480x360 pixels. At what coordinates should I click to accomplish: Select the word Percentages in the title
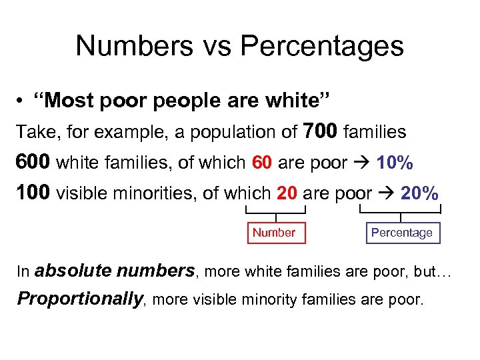point(322,46)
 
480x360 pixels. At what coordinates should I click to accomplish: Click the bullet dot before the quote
point(23,101)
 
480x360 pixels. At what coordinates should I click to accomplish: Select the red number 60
point(262,162)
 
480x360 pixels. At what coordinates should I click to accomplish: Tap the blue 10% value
point(395,162)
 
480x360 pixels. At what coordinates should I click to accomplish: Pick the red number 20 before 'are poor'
point(286,193)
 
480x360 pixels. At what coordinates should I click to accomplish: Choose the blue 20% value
point(419,193)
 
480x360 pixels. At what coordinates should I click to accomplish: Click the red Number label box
point(274,233)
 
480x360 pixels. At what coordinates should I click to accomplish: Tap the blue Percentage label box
point(401,233)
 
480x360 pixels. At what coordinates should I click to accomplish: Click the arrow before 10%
point(363,162)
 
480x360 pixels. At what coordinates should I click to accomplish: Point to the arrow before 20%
point(387,193)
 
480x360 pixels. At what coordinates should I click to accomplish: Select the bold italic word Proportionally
point(80,299)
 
